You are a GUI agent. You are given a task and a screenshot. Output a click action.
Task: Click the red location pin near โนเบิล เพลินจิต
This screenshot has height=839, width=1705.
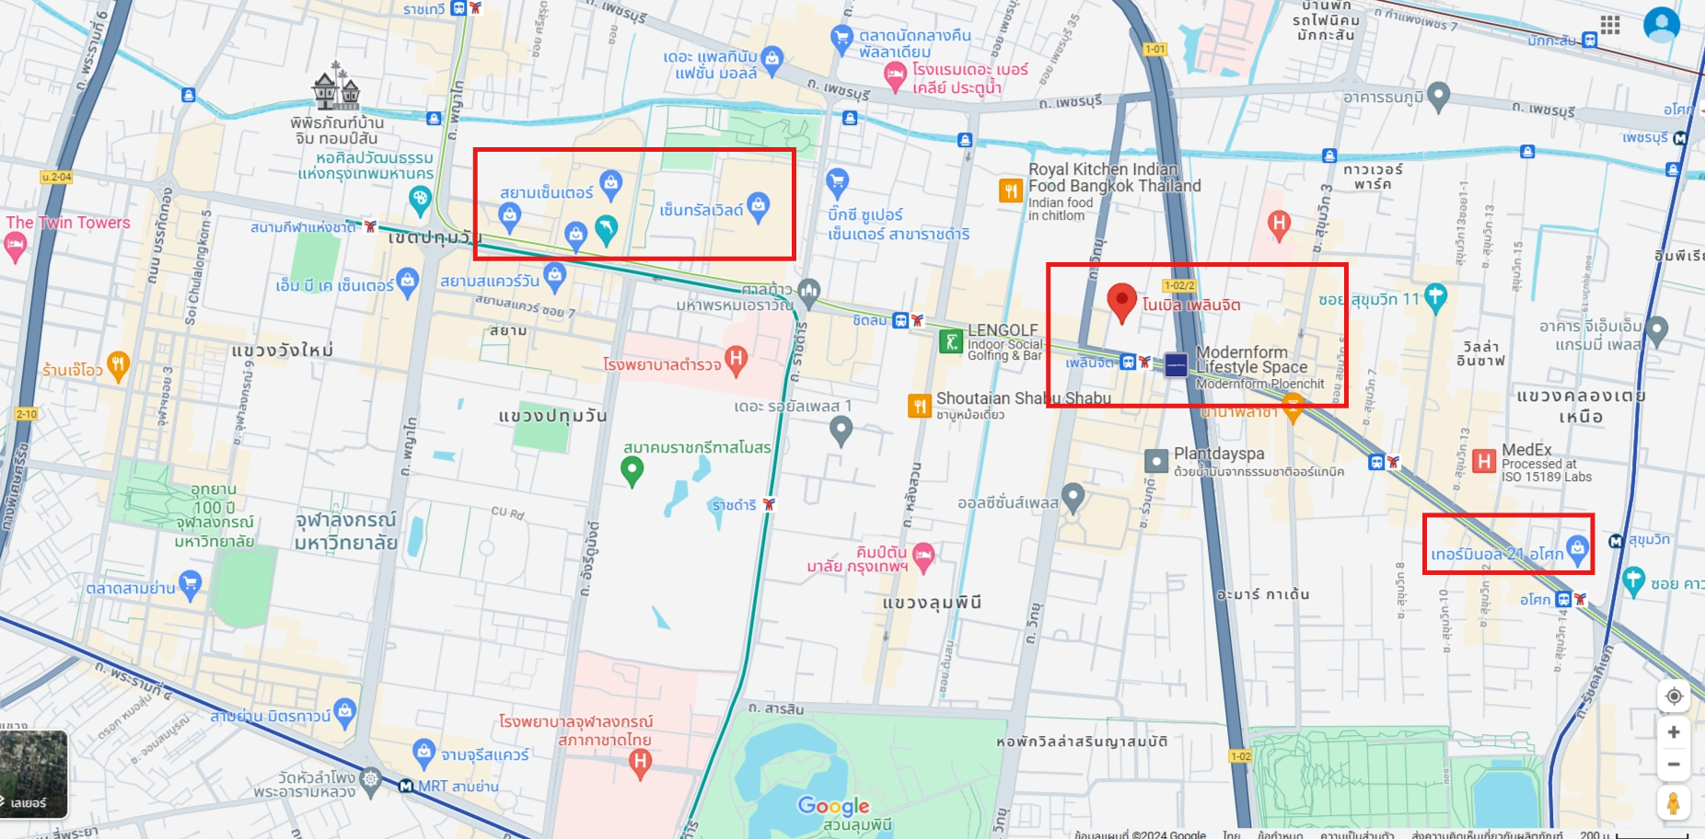pos(1121,300)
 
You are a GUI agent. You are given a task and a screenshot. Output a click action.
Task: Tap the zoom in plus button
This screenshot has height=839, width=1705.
pos(1674,732)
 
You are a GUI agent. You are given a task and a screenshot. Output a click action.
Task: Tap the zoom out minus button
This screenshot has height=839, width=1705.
pos(1674,764)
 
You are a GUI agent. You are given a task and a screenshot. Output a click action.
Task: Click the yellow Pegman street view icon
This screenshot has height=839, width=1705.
pos(1674,803)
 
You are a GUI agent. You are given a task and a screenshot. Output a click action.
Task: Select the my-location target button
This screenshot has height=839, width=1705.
pos(1674,695)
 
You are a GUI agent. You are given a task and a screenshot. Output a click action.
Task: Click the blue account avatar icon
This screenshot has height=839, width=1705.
pos(1661,25)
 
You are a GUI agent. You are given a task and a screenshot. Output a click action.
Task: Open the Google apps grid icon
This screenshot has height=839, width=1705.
pos(1610,25)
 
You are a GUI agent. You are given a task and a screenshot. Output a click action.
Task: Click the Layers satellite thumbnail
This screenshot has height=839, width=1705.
pos(33,774)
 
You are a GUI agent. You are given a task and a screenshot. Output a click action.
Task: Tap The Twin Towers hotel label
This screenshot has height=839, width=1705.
pos(68,223)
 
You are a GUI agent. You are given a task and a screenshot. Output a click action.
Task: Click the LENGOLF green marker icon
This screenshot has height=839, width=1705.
pos(950,342)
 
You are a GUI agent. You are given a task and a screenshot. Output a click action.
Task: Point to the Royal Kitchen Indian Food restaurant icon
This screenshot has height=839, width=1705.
pos(1011,190)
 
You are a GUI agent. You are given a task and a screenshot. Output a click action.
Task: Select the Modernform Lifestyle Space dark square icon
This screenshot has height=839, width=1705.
pos(1176,365)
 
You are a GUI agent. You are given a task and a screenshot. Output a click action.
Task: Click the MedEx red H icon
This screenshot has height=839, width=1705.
pos(1483,461)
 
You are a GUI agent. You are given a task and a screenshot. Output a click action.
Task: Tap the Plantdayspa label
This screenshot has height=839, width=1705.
pos(1219,454)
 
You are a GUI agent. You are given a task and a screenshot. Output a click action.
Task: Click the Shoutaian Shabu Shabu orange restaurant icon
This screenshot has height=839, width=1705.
pos(920,406)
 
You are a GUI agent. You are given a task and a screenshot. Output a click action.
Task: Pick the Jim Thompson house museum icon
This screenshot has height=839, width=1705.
pos(336,88)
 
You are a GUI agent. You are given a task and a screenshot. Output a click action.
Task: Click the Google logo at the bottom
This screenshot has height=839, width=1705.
pos(833,806)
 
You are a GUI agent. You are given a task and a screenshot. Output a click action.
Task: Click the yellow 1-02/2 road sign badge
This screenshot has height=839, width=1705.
pos(1179,285)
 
